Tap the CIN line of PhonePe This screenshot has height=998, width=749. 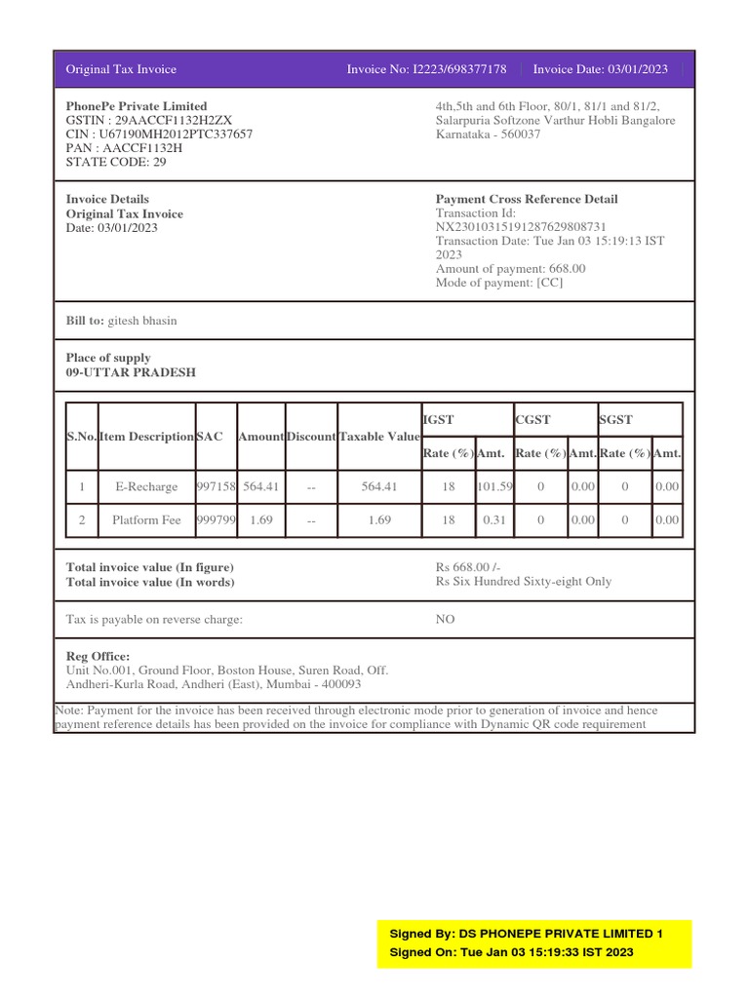tap(159, 134)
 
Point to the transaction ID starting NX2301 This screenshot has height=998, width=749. tap(535, 226)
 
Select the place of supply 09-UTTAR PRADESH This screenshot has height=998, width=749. tap(131, 372)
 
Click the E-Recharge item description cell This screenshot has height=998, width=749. tap(146, 486)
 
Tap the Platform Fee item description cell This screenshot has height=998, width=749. tap(146, 520)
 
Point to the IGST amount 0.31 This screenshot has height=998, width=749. tap(494, 520)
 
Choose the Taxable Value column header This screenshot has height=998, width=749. tap(378, 437)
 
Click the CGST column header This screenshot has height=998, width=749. tap(533, 419)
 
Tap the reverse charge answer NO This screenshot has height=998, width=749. tap(445, 619)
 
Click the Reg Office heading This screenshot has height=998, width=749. tap(98, 657)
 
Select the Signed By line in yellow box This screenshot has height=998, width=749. tap(526, 934)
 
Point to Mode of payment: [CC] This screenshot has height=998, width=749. tap(499, 283)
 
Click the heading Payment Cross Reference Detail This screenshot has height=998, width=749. tap(527, 199)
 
